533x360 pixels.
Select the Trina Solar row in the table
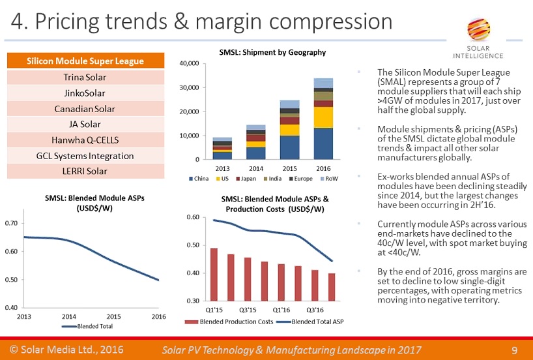pyautogui.click(x=85, y=78)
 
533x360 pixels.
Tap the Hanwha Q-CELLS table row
pyautogui.click(x=85, y=140)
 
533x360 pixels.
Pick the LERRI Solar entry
pyautogui.click(x=85, y=171)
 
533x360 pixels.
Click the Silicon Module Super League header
pyautogui.click(x=85, y=61)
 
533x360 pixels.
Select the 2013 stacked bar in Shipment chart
pyautogui.click(x=223, y=148)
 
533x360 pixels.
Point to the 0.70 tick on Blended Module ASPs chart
pyautogui.click(x=12, y=223)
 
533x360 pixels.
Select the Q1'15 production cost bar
pyautogui.click(x=214, y=274)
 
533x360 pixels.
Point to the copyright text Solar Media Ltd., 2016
pyautogui.click(x=66, y=350)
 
